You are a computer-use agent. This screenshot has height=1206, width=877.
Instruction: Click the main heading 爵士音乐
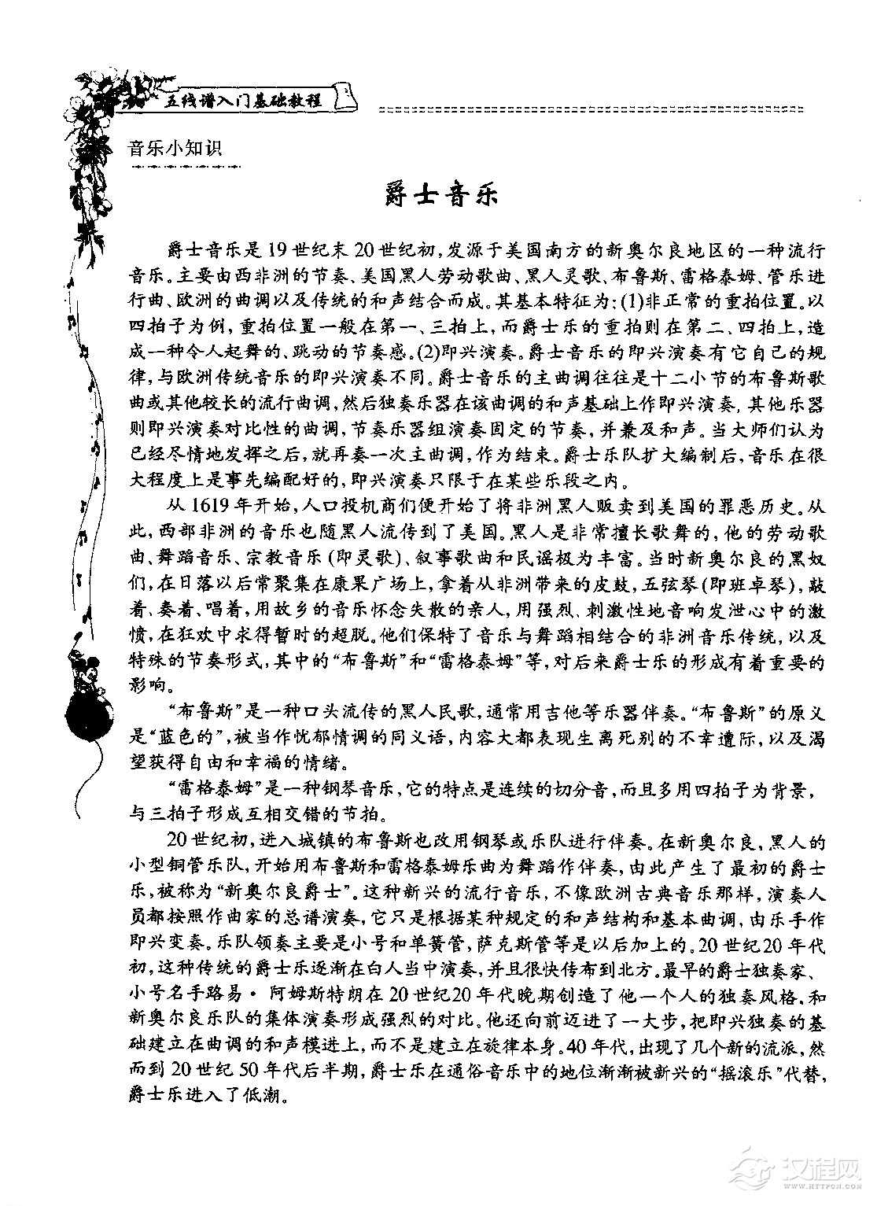pos(443,194)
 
